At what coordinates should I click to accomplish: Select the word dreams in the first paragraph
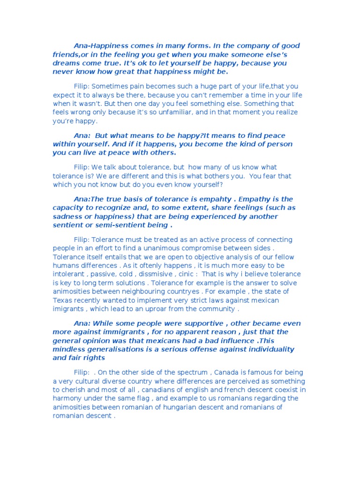pyautogui.click(x=66, y=63)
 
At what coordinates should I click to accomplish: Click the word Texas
pyautogui.click(x=63, y=300)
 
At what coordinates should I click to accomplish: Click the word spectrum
pyautogui.click(x=195, y=372)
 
